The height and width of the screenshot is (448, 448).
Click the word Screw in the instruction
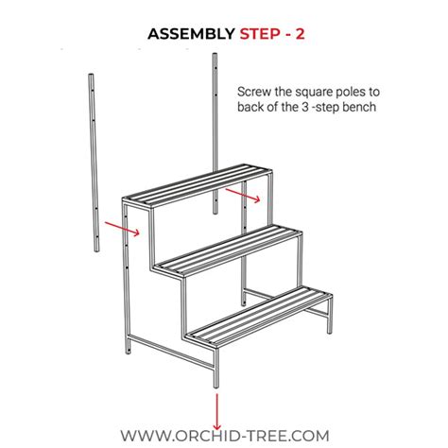255,93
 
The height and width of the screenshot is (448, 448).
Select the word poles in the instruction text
353,93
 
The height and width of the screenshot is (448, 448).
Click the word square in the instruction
313,93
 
